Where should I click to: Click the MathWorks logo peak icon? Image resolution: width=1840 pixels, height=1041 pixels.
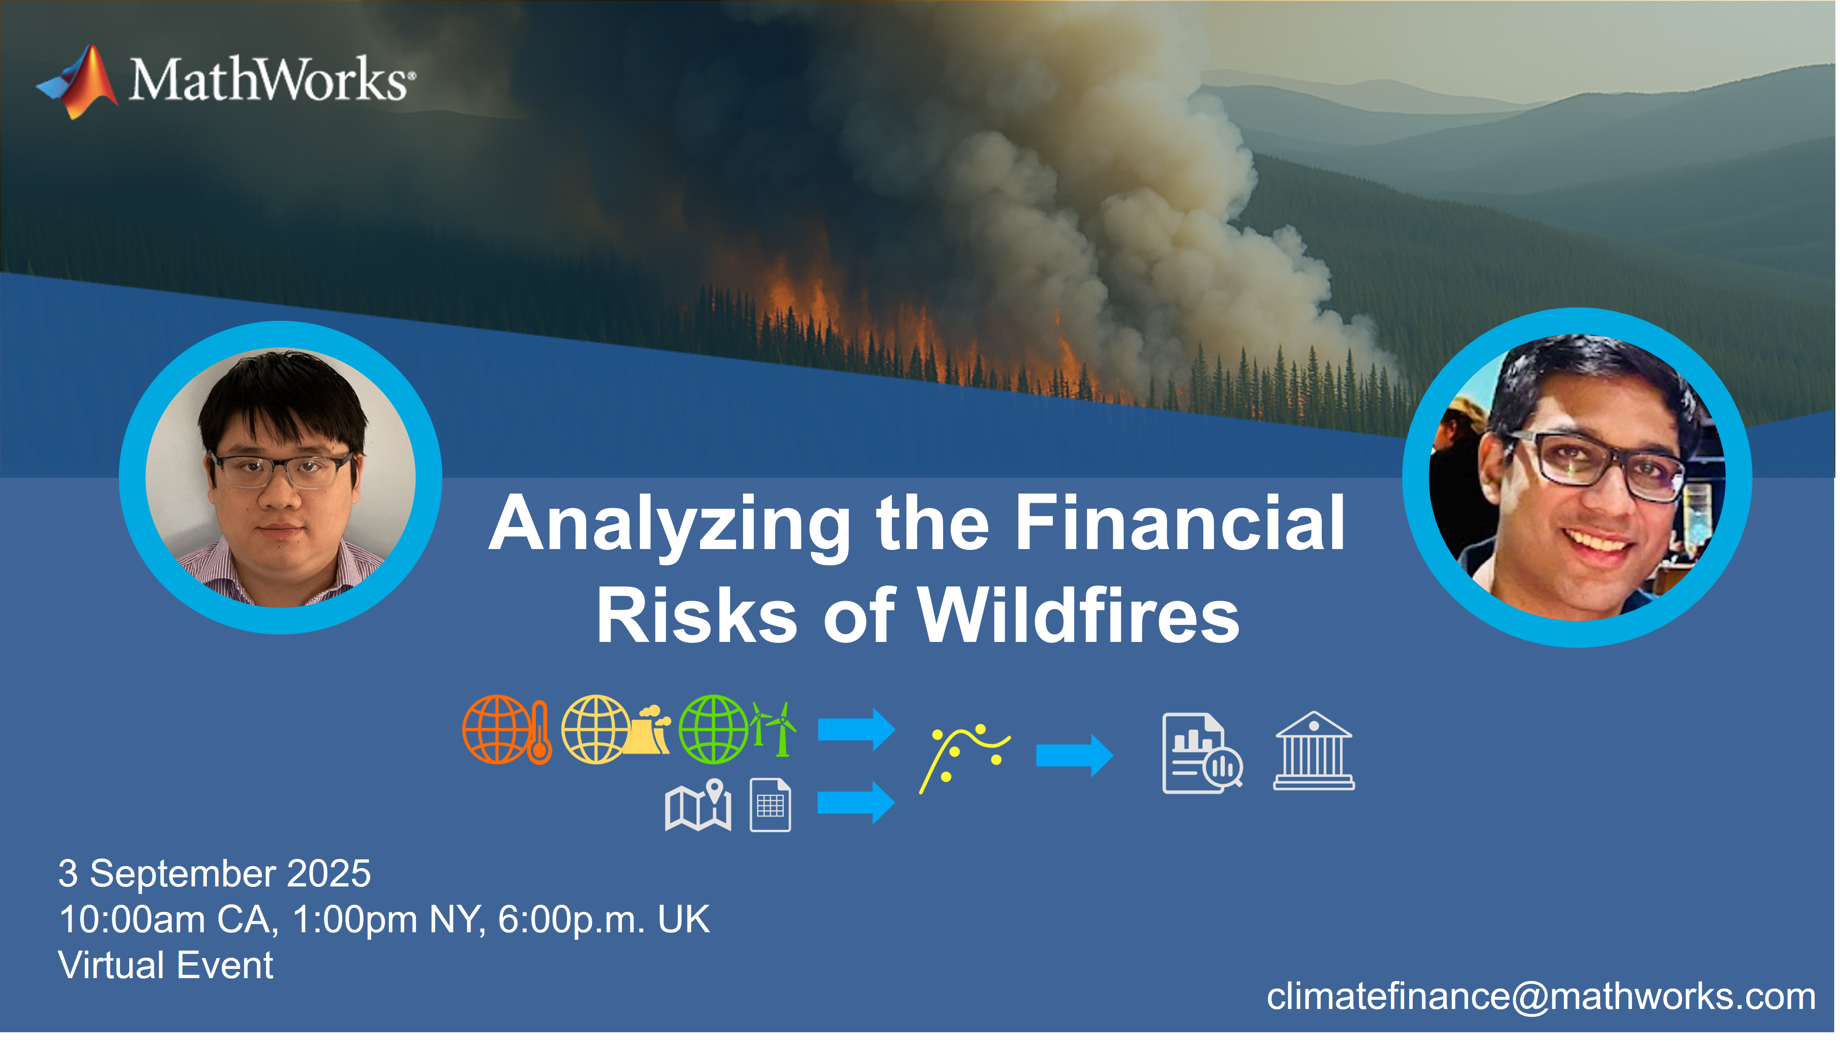(x=79, y=82)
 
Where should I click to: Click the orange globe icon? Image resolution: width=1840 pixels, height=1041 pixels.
(x=497, y=730)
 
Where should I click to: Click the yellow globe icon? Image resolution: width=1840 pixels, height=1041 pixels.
(x=595, y=730)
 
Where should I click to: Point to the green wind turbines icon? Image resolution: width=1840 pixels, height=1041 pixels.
(x=773, y=729)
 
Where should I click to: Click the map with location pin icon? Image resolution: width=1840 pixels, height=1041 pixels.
(x=698, y=805)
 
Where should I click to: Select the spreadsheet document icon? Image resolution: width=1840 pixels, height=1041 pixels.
(x=771, y=806)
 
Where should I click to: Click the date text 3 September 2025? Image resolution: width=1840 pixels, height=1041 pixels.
(x=215, y=874)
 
